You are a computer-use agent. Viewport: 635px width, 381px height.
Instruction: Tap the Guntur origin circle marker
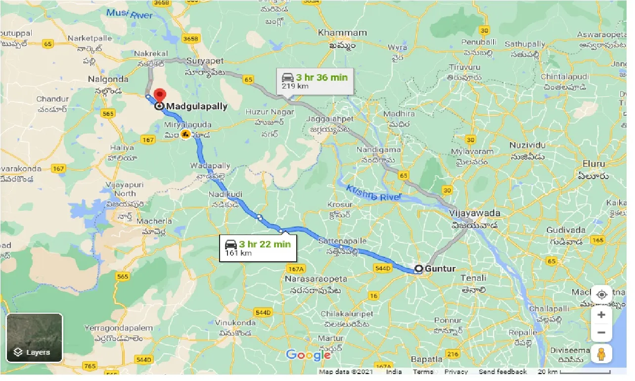(418, 269)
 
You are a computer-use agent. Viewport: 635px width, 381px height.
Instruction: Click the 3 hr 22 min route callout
(258, 248)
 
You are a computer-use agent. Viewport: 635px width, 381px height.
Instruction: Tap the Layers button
(34, 337)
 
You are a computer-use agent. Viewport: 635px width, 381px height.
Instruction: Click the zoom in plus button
(601, 315)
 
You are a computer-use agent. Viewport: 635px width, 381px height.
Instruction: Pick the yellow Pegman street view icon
(601, 354)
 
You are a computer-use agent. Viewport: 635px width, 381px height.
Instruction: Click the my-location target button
(601, 295)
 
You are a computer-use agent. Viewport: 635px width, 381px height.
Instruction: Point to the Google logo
(309, 355)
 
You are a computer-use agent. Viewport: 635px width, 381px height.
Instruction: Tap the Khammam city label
(342, 33)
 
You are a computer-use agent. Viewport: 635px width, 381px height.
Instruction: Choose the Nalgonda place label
(108, 79)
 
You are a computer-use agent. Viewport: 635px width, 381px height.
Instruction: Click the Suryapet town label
(205, 61)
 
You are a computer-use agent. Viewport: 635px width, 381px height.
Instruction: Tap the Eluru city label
(593, 163)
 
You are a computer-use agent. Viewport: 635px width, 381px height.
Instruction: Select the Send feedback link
(502, 372)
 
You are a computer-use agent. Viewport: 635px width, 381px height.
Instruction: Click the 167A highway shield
(294, 268)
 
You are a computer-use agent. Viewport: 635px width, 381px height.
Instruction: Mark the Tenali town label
(473, 278)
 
